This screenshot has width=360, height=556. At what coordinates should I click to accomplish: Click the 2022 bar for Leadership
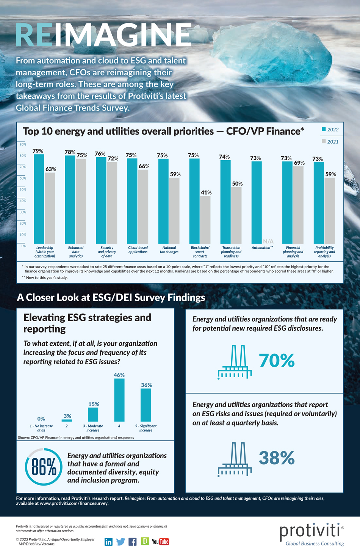(39, 199)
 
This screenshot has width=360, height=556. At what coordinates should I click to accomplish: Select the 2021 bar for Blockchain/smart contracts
(205, 220)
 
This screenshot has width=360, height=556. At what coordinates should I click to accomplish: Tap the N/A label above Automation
(268, 241)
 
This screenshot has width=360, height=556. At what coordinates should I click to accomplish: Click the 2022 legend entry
(330, 130)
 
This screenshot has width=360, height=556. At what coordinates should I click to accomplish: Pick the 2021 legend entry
(330, 142)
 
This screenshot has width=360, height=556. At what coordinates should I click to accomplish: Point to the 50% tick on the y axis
(23, 189)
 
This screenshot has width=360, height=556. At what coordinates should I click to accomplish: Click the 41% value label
(206, 192)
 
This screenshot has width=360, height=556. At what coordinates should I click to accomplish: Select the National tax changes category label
(169, 250)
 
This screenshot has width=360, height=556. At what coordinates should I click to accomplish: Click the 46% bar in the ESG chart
(119, 400)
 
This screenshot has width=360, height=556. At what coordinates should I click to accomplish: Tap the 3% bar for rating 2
(67, 420)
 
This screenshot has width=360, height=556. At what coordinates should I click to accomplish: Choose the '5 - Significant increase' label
(146, 428)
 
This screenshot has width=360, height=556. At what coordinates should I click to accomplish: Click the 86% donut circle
(44, 467)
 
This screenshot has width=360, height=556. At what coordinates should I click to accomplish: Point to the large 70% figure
(277, 361)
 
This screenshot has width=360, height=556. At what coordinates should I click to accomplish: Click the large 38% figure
(277, 458)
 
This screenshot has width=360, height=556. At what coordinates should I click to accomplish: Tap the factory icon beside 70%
(235, 362)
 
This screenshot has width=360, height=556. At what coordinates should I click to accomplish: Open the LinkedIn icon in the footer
(108, 542)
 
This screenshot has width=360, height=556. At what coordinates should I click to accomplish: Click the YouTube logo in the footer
(160, 542)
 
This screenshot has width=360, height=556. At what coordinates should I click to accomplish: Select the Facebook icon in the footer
(133, 542)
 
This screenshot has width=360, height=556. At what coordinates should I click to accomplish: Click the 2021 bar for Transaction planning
(236, 215)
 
